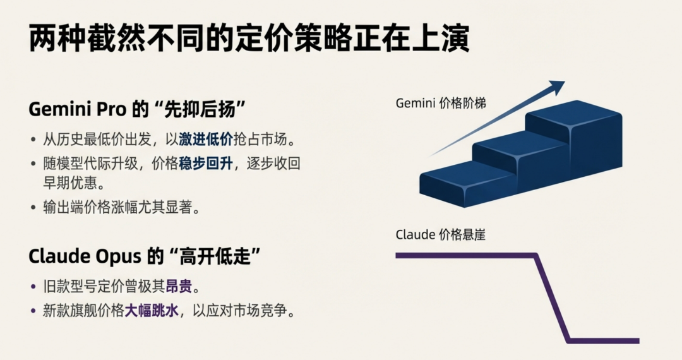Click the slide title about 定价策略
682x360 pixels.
pos(249,39)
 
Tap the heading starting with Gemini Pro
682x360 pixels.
pos(136,109)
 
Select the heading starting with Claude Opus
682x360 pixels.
pos(145,257)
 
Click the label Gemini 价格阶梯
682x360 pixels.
pos(441,104)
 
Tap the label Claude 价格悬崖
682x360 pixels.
pos(440,235)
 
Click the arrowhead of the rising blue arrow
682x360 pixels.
pos(558,86)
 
